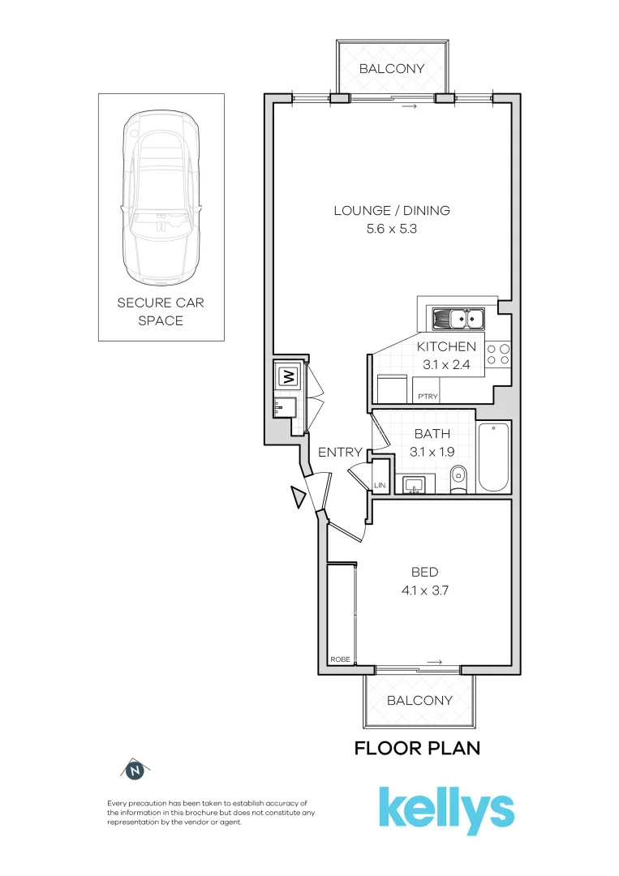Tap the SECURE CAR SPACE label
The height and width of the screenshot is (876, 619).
click(161, 311)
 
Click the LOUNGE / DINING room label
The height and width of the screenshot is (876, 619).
click(392, 211)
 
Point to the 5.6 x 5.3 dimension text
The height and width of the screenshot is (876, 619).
click(392, 230)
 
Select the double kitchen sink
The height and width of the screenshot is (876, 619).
click(458, 319)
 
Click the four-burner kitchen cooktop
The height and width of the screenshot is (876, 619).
click(498, 353)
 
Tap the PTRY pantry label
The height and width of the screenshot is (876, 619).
click(427, 397)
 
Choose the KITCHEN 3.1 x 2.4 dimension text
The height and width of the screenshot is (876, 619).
click(446, 365)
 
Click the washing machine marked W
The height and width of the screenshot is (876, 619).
click(287, 376)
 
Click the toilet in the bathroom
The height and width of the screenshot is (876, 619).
click(458, 479)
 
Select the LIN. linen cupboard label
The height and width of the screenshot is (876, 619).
click(380, 486)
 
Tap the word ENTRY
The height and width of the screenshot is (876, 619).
click(340, 453)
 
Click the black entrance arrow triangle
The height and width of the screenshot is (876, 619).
click(299, 497)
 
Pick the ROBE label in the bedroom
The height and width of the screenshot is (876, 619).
click(340, 660)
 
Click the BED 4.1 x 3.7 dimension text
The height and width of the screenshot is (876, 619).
click(419, 590)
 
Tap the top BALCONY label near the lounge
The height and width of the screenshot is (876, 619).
click(392, 69)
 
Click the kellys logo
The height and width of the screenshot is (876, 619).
click(446, 809)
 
